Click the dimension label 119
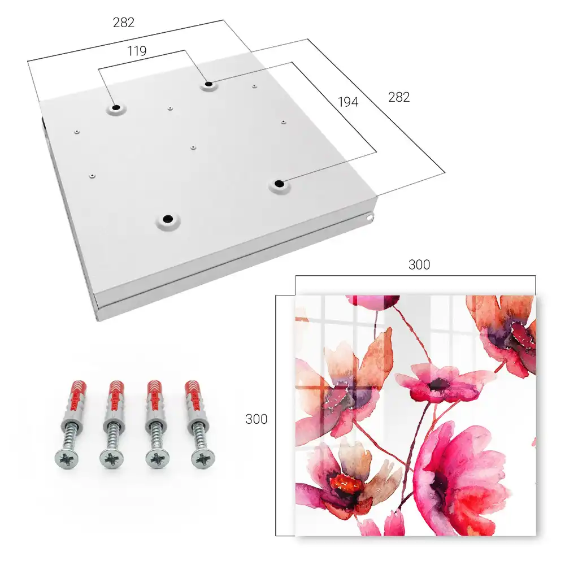pyautogui.click(x=137, y=51)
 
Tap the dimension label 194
pyautogui.click(x=348, y=102)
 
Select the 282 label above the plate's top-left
pyautogui.click(x=124, y=23)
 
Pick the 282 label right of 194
pyautogui.click(x=399, y=97)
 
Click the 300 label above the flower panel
pyautogui.click(x=419, y=265)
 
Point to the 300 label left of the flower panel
pyautogui.click(x=256, y=419)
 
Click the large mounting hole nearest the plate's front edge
pyautogui.click(x=168, y=219)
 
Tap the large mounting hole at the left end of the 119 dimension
pyautogui.click(x=116, y=107)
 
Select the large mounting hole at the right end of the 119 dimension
pyautogui.click(x=208, y=84)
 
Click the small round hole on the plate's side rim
pyautogui.click(x=369, y=218)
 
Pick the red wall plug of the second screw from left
pyautogui.click(x=116, y=397)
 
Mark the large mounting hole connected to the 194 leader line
pyautogui.click(x=279, y=184)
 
